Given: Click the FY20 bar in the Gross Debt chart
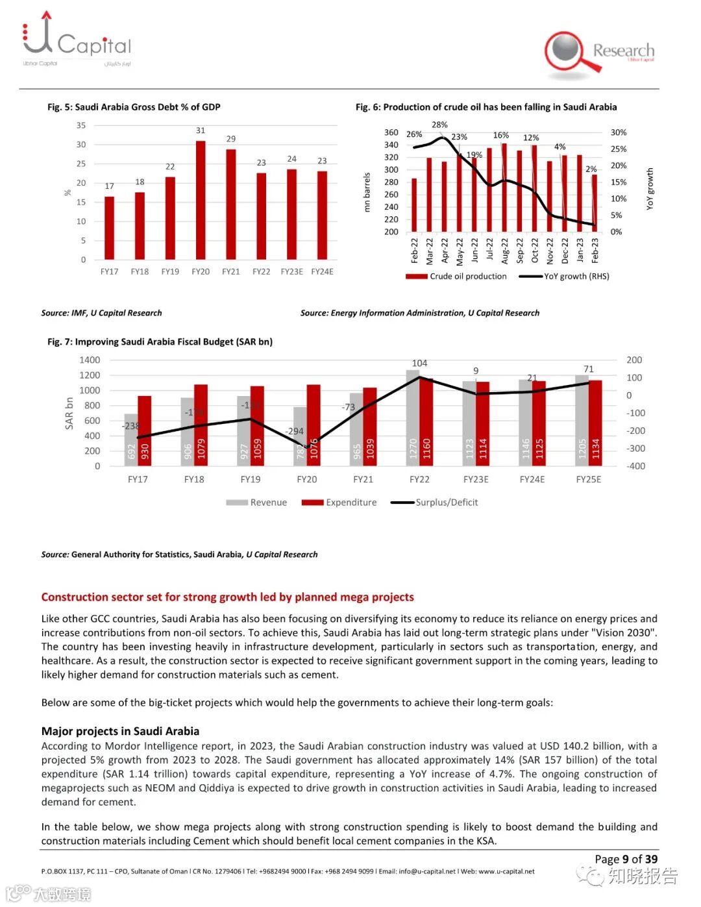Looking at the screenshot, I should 201,200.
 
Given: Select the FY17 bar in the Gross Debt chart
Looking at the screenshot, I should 109,228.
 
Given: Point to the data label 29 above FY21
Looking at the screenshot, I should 231,139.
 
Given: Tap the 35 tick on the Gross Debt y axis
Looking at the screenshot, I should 81,125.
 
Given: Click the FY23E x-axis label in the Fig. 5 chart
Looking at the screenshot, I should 291,271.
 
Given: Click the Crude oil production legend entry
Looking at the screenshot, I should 456,276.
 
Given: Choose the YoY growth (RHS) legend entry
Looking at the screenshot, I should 565,276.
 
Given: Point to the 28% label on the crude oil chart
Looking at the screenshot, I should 439,125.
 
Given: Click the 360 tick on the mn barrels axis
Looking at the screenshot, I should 391,132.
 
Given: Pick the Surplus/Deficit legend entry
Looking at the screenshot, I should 435,503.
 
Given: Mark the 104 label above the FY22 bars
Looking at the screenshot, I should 419,363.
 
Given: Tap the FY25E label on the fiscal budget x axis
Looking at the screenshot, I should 588,479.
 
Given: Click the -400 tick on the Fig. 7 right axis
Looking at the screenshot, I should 635,466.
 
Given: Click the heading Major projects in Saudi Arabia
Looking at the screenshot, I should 120,731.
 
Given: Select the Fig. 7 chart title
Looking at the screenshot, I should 160,342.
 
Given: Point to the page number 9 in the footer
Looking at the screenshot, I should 626,859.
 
